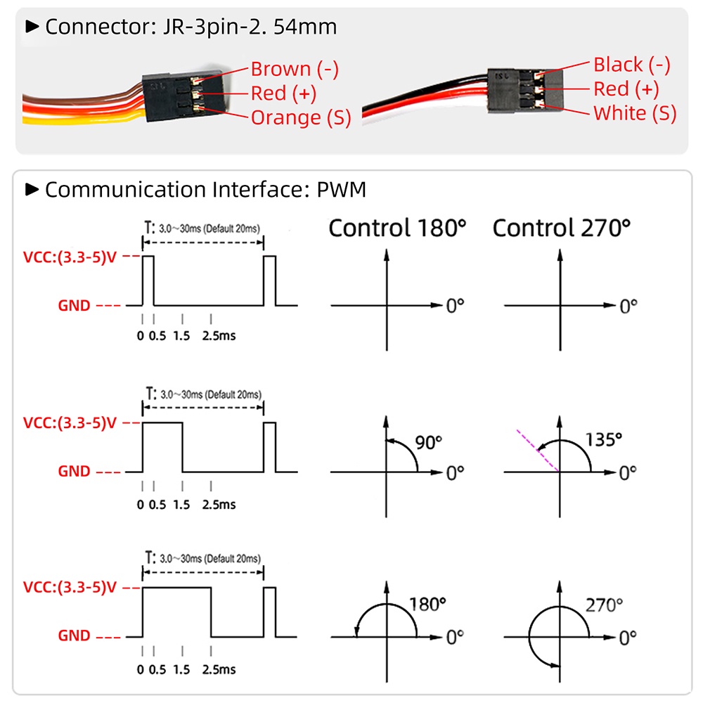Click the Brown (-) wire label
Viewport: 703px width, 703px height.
[295, 69]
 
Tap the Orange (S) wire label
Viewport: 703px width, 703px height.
[300, 117]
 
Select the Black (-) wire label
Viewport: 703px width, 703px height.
[631, 65]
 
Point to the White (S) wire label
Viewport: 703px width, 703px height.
[635, 112]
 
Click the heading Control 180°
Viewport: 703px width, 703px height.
[397, 228]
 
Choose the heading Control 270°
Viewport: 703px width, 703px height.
[561, 228]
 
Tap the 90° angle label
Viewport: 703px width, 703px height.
[429, 443]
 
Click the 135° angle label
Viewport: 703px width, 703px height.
[604, 440]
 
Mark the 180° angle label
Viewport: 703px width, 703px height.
[427, 605]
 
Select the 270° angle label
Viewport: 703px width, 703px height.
[604, 605]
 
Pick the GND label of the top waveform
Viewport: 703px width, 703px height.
[74, 306]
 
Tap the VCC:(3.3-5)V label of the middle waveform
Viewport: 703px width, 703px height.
[69, 423]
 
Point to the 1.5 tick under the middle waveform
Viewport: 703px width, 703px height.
[181, 504]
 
